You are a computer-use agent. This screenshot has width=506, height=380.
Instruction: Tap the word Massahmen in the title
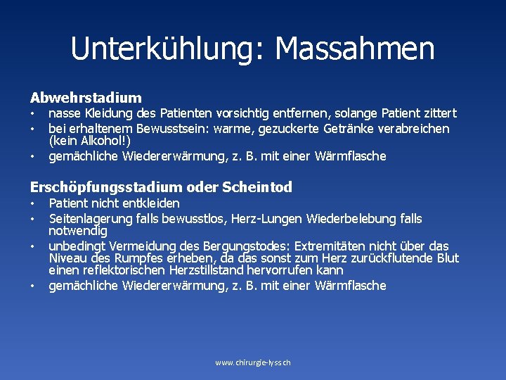click(355, 49)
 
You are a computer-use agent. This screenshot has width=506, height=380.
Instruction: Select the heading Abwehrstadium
click(86, 98)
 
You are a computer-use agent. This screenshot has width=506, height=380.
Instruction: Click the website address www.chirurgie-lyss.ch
click(253, 362)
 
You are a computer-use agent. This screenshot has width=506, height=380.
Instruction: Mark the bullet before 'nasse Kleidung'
click(32, 114)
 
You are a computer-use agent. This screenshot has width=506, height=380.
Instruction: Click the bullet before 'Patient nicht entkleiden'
click(32, 204)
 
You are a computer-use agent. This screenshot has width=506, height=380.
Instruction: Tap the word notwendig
click(77, 231)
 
